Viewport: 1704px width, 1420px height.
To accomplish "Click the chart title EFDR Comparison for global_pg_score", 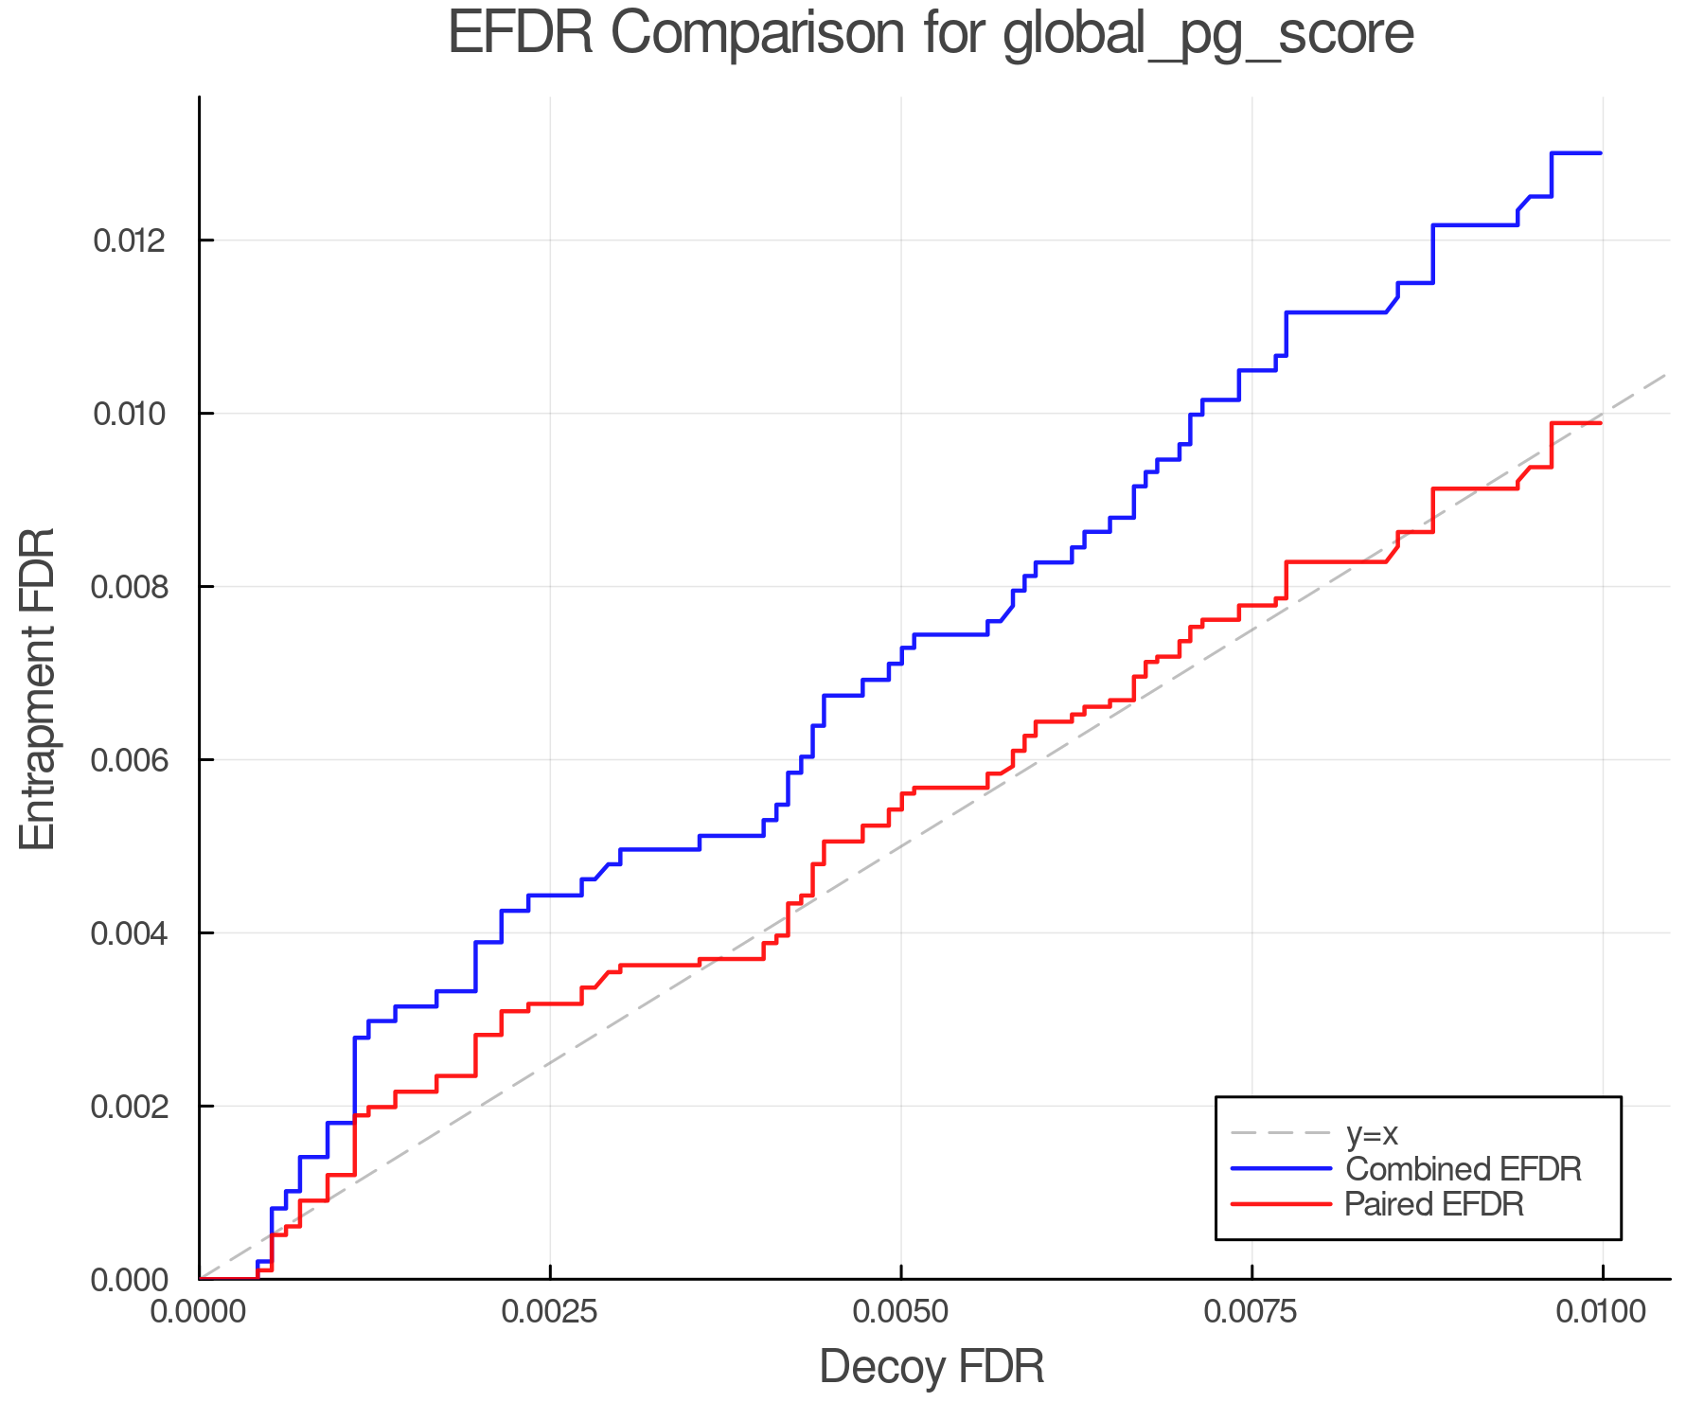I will tap(931, 34).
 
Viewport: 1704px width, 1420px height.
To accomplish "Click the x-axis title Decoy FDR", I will tap(932, 1367).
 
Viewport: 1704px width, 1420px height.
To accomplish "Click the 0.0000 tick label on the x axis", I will tap(199, 1312).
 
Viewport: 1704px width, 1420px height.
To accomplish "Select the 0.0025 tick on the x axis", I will tap(550, 1312).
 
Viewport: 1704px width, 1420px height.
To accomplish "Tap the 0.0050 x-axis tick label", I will tap(901, 1312).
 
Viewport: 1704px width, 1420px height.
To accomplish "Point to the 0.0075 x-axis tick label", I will tap(1251, 1312).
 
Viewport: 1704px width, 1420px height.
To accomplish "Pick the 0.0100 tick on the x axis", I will tap(1602, 1312).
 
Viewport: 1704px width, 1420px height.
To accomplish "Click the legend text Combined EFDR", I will tap(1464, 1169).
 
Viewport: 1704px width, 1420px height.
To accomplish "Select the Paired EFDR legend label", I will tap(1434, 1204).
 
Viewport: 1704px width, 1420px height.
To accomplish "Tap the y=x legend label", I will tap(1372, 1133).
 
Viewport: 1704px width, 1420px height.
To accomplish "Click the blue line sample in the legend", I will tap(1281, 1169).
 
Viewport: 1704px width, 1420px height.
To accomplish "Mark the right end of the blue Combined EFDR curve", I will tap(1601, 153).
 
